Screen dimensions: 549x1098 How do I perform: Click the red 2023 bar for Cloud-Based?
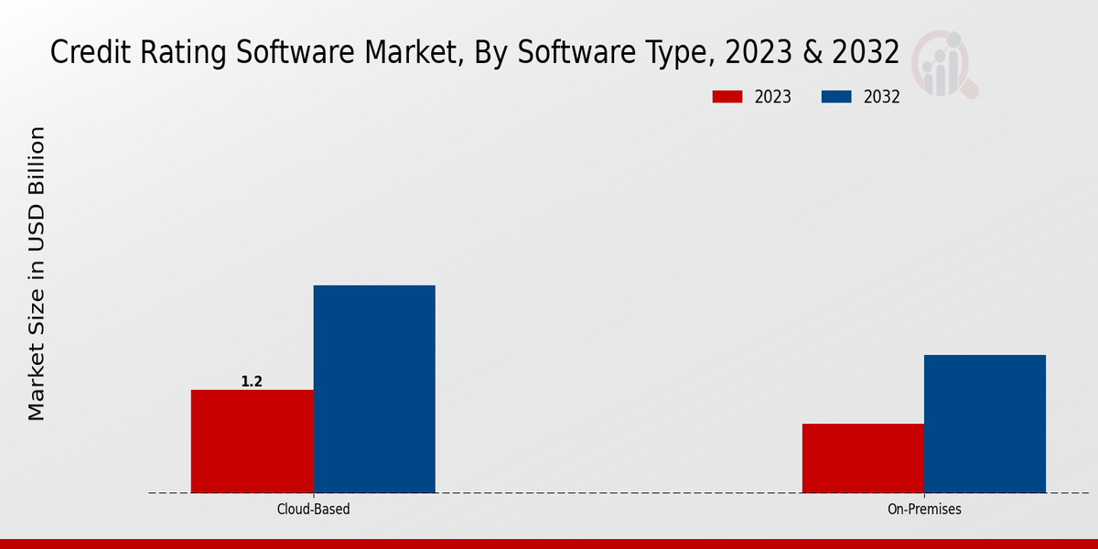(x=252, y=441)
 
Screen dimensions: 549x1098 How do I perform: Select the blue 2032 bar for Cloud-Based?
(x=374, y=389)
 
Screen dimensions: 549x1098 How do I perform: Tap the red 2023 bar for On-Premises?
(x=863, y=457)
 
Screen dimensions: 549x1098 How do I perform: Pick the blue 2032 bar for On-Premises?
(x=985, y=424)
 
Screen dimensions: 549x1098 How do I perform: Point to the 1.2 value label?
(x=252, y=382)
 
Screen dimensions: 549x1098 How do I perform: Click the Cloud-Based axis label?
(x=313, y=509)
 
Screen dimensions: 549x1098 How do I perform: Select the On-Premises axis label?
(x=924, y=509)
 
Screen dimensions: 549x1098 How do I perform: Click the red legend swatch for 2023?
(x=727, y=97)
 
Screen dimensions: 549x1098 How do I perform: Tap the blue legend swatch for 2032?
(x=837, y=97)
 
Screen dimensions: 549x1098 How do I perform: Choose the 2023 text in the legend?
(x=772, y=97)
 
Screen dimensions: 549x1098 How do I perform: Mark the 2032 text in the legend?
(x=881, y=97)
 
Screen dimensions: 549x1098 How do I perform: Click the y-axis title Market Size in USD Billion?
(x=37, y=274)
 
